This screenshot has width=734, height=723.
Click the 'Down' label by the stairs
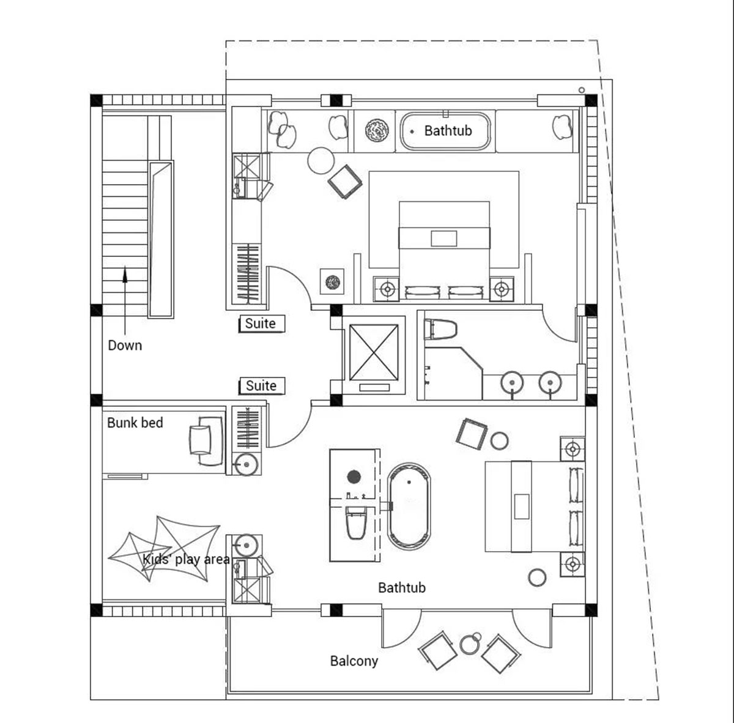pos(125,346)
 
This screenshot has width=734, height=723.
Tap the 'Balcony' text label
pos(354,661)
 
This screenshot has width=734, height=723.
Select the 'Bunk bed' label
pos(135,423)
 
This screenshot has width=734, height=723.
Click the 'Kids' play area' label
pos(187,559)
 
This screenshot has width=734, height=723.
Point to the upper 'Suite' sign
pos(262,324)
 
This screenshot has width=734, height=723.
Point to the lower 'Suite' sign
pos(262,386)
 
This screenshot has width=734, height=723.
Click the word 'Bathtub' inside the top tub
pos(448,131)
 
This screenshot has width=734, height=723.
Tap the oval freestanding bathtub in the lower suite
pos(409,506)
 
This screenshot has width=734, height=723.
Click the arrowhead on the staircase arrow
pos(125,274)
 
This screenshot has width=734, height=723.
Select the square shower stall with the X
pos(374,352)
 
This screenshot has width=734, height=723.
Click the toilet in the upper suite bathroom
pos(440,330)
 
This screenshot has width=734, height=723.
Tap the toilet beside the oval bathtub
pos(356,522)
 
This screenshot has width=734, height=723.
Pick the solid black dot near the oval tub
pos(354,476)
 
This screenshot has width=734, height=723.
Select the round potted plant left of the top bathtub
pos(377,131)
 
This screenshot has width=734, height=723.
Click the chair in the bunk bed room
pos(206,440)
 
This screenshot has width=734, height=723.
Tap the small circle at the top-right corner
pos(581,91)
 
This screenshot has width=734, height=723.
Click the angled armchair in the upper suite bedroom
pos(345,182)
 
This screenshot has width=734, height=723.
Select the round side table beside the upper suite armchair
pos(321,161)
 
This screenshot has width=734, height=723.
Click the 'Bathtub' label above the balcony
pos(402,588)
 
